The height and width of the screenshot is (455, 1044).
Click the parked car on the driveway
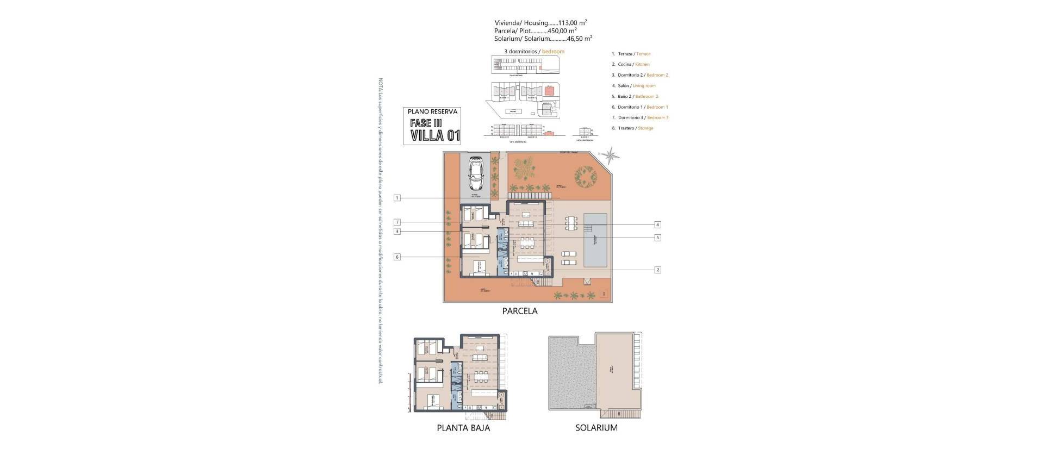click(476, 173)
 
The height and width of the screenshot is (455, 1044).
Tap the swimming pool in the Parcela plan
click(595, 240)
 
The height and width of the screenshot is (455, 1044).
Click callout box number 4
click(657, 225)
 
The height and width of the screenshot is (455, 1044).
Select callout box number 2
click(657, 270)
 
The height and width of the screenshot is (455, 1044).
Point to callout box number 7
click(397, 222)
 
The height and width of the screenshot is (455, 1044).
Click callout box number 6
click(397, 257)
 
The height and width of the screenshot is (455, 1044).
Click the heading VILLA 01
click(435, 136)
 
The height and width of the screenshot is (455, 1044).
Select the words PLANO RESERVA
click(433, 111)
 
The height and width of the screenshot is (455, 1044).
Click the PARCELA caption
click(520, 311)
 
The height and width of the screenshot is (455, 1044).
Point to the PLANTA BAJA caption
click(463, 428)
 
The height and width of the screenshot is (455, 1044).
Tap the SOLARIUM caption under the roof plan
click(596, 428)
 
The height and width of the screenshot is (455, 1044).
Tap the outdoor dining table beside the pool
click(570, 223)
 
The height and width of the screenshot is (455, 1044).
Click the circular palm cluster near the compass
click(585, 177)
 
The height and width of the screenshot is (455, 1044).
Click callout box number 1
click(397, 198)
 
